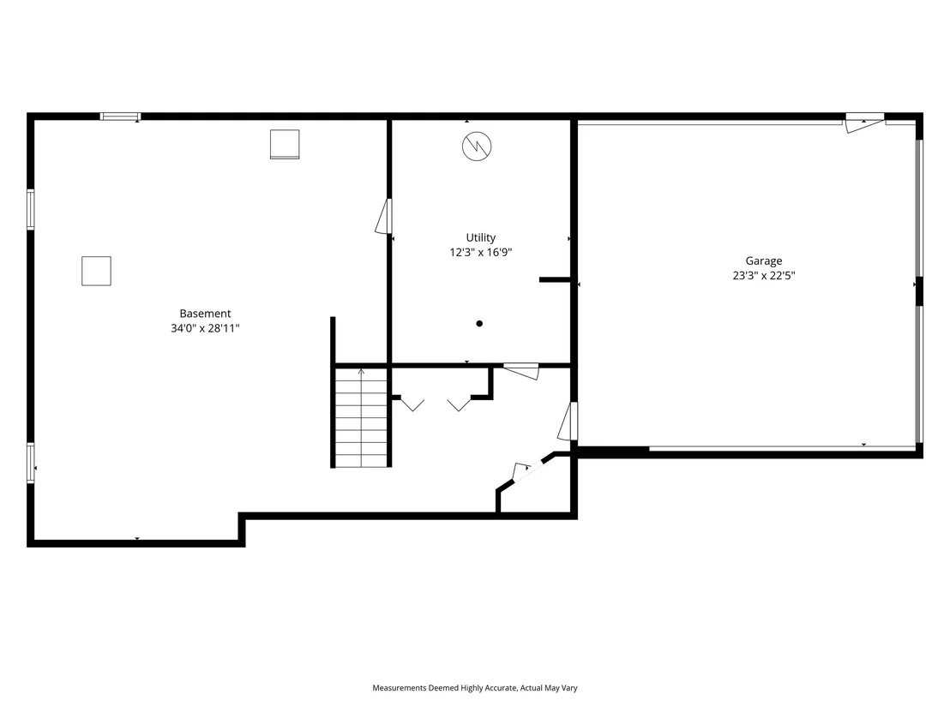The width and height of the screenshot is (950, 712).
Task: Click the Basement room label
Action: [205, 314]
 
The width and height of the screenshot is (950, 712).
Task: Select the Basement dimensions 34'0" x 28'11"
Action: [205, 328]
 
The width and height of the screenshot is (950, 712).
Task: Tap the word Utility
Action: [480, 238]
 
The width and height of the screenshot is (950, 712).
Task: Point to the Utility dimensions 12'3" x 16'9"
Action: [480, 253]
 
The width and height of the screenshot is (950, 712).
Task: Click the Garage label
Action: [763, 261]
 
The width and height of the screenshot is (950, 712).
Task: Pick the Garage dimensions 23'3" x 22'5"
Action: [763, 276]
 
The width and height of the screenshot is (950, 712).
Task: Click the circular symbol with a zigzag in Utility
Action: [477, 146]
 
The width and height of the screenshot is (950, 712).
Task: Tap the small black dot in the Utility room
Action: [479, 323]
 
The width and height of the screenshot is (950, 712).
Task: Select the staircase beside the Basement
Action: [361, 418]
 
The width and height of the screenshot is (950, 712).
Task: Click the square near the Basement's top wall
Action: [285, 144]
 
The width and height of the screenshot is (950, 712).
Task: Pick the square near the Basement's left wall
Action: [96, 271]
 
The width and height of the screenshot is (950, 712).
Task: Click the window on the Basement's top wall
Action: [121, 117]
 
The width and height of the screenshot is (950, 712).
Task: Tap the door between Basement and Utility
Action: [384, 216]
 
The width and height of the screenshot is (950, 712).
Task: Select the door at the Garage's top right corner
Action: [864, 123]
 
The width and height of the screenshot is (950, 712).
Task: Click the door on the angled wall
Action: [522, 471]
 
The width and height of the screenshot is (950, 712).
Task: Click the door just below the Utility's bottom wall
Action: [521, 371]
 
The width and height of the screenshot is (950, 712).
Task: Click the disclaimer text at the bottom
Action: [475, 688]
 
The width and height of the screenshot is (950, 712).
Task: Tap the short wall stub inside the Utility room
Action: [555, 279]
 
